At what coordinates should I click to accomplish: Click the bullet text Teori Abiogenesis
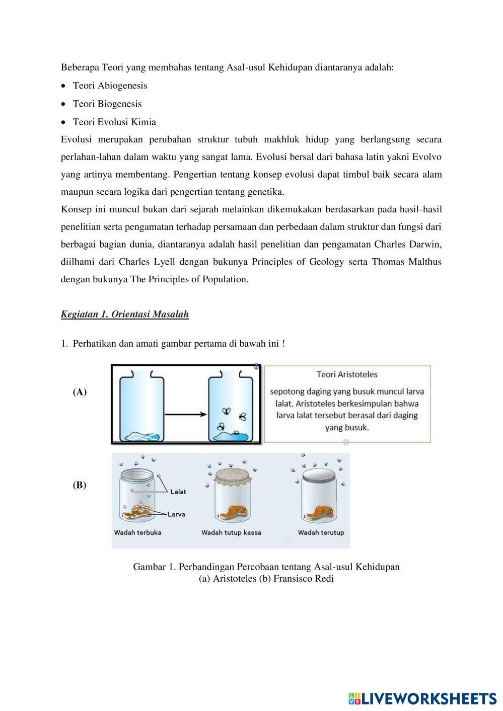point(110,86)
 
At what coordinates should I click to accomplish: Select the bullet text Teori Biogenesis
point(107,104)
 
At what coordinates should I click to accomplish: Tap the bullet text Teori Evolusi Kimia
point(114,122)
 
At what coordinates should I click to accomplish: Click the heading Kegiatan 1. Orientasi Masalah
point(124,314)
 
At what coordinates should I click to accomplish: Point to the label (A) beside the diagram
point(80,392)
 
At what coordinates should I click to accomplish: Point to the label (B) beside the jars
point(80,486)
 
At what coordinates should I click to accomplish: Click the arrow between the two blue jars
point(186,414)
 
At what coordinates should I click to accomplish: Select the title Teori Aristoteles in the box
point(347,374)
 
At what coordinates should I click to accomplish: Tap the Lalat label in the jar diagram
point(178,492)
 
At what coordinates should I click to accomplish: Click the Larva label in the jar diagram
point(177,514)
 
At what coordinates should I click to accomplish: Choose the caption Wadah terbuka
point(138,532)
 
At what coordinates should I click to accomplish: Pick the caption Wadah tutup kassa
point(231,532)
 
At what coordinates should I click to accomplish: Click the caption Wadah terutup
point(321,532)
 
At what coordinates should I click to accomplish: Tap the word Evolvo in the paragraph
point(426,157)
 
